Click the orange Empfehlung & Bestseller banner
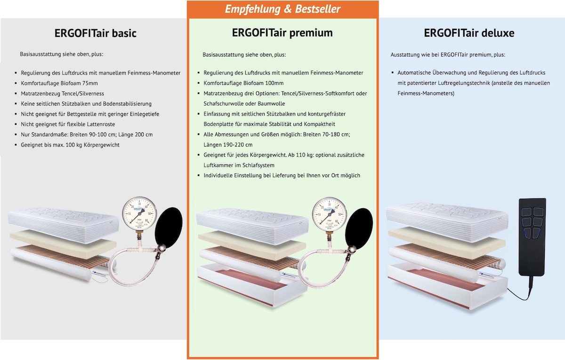(x=282, y=9)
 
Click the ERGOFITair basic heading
(x=95, y=33)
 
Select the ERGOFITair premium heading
(x=282, y=33)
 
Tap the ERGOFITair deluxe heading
(x=469, y=33)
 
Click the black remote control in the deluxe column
(x=532, y=237)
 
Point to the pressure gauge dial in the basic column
(x=139, y=213)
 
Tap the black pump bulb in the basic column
(x=169, y=228)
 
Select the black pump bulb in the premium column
(x=359, y=229)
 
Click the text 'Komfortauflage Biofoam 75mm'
(x=59, y=83)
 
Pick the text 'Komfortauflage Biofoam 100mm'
(x=243, y=83)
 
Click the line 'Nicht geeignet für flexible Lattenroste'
(x=68, y=124)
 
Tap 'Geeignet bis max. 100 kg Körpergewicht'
(x=70, y=145)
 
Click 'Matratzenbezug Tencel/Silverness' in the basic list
(x=62, y=94)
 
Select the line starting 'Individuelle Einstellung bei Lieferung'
(x=282, y=175)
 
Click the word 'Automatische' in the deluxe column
(x=414, y=73)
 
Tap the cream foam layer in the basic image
(x=63, y=244)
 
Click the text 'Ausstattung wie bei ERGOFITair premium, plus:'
(x=448, y=55)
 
